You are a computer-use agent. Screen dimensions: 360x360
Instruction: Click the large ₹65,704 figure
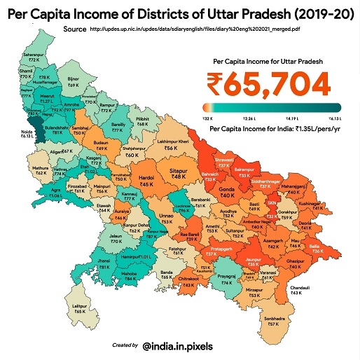268,84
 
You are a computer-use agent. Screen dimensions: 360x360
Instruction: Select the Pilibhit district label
143,121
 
